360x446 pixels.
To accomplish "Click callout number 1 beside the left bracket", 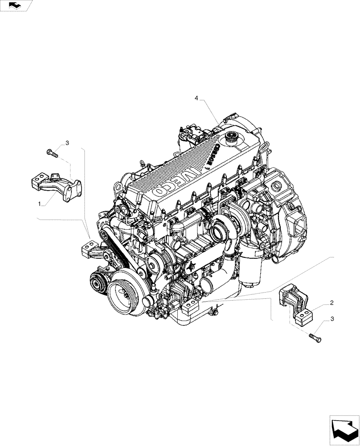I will point(41,204).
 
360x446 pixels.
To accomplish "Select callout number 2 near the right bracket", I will point(332,303).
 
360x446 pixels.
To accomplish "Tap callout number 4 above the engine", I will point(196,98).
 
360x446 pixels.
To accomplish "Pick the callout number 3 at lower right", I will point(332,320).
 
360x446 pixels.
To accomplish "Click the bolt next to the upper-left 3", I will point(52,153).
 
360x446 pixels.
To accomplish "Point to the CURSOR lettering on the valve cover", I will point(212,155).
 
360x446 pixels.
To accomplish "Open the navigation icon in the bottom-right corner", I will point(344,430).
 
